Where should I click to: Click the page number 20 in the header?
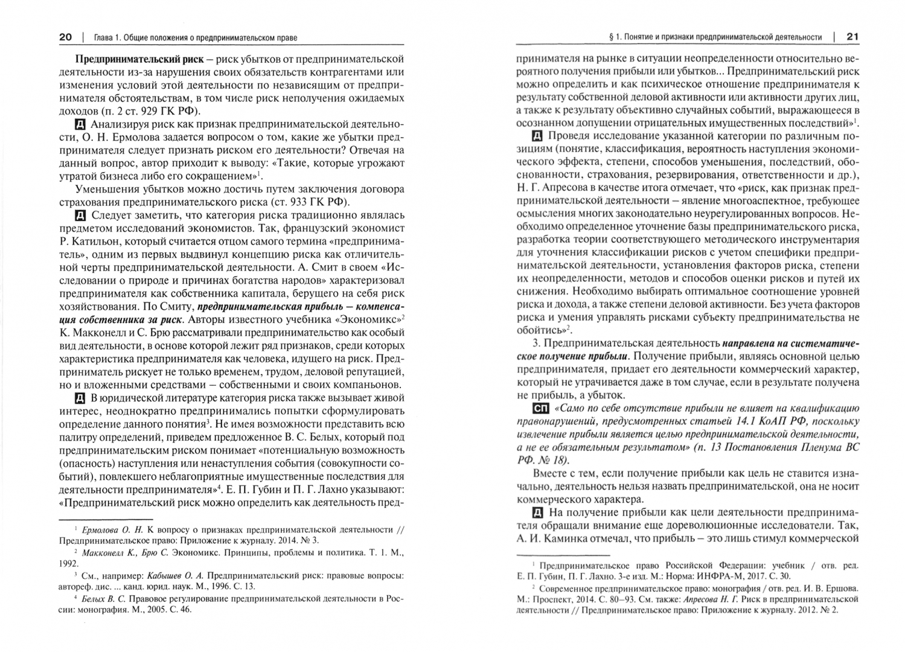coord(65,37)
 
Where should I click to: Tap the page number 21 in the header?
coord(852,37)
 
